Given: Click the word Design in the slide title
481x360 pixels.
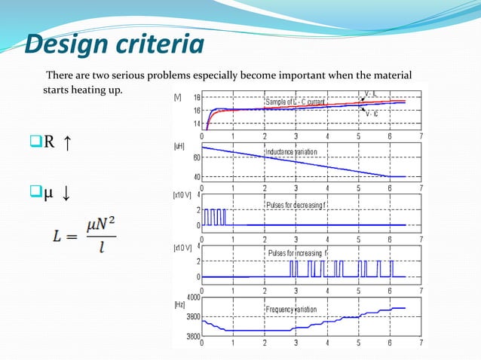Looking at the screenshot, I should (x=66, y=45).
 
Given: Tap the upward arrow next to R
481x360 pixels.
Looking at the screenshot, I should (x=69, y=142).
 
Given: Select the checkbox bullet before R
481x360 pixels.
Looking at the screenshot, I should (x=35, y=142).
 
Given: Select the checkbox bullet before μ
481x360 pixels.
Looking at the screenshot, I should (x=35, y=197).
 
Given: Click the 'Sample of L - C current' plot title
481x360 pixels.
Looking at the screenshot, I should (x=294, y=102).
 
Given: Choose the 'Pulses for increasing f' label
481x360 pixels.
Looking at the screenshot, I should (x=299, y=253).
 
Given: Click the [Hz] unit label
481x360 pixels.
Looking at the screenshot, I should (x=179, y=305).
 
